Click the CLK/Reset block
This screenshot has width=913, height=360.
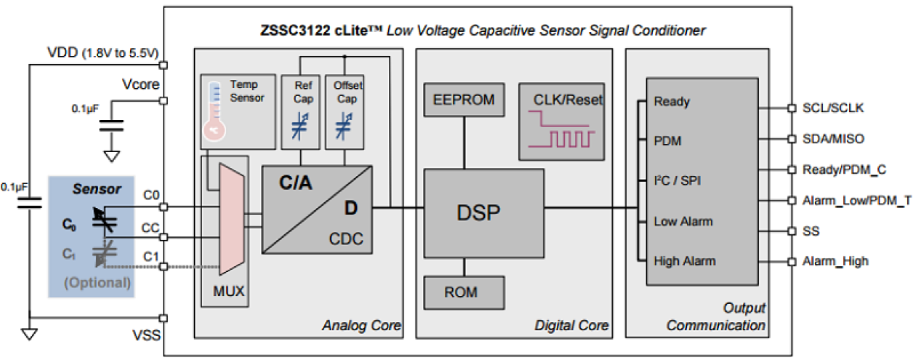point(560,121)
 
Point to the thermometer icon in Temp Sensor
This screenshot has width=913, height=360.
point(216,110)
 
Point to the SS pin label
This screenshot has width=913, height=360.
point(811,231)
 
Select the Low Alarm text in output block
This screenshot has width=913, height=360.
point(683,221)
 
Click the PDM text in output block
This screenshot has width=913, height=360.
point(667,141)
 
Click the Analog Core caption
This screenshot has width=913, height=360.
point(361,325)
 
